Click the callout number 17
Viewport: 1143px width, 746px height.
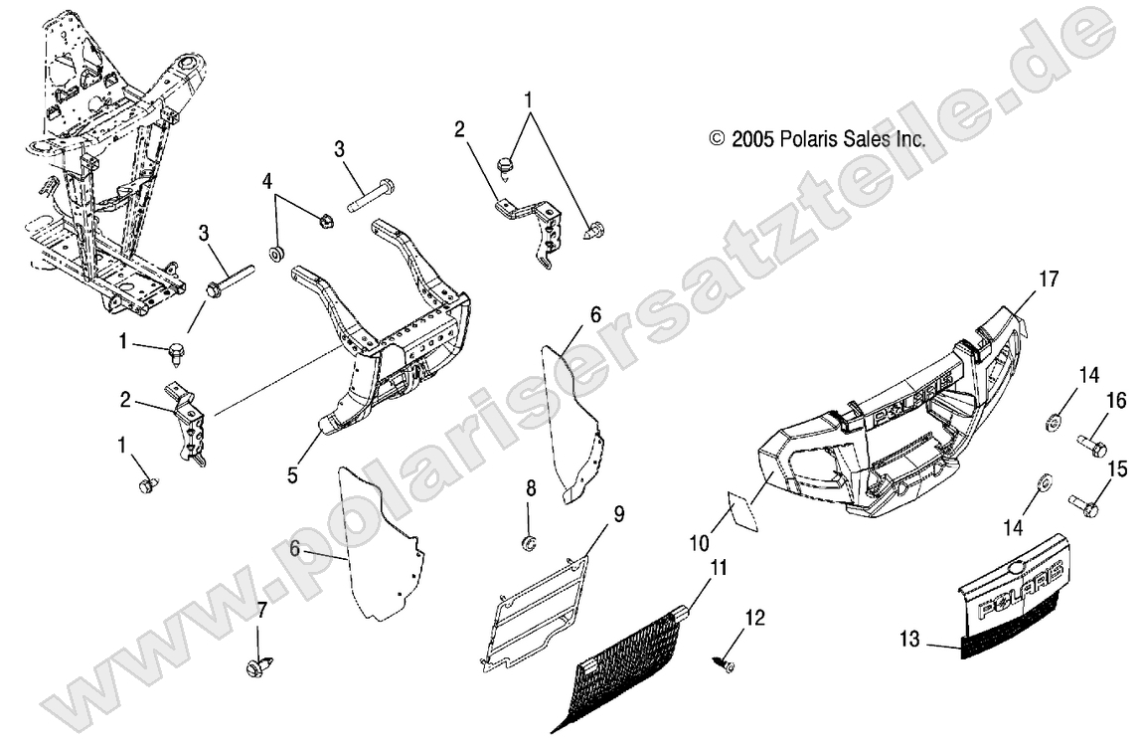[1049, 280]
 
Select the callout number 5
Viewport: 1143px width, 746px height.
[293, 475]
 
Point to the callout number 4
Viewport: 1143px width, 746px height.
[266, 181]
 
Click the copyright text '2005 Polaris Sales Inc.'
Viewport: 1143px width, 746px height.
[817, 141]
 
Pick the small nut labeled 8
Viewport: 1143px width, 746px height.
[529, 543]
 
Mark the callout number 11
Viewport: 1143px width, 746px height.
[718, 569]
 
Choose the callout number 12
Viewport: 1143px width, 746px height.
[755, 619]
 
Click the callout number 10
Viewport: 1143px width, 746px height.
[700, 543]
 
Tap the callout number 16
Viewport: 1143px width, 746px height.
[1116, 400]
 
